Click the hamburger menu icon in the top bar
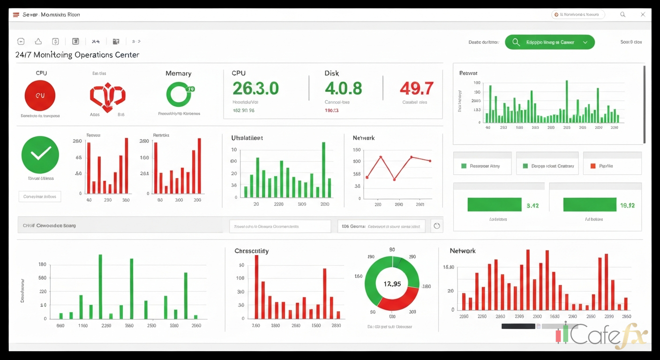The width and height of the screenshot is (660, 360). [16, 15]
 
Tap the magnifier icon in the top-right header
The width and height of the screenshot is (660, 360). [623, 15]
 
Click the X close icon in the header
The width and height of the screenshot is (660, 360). [643, 15]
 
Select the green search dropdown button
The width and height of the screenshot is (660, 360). [549, 42]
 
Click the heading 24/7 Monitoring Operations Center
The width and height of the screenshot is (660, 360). [77, 55]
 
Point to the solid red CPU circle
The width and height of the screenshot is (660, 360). [40, 95]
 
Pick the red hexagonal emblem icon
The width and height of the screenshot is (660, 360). [108, 97]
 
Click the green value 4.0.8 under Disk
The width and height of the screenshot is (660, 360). [343, 88]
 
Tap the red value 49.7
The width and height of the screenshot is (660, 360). [416, 88]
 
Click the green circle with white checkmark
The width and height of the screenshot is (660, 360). [40, 155]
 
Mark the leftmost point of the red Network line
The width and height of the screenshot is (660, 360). [367, 177]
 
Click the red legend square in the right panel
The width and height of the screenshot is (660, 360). [593, 166]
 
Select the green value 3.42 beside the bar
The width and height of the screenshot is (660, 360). [532, 205]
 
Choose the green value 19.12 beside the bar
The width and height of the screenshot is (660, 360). [627, 205]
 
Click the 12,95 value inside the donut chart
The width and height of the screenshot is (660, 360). [392, 284]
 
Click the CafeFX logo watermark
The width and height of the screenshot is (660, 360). [602, 336]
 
